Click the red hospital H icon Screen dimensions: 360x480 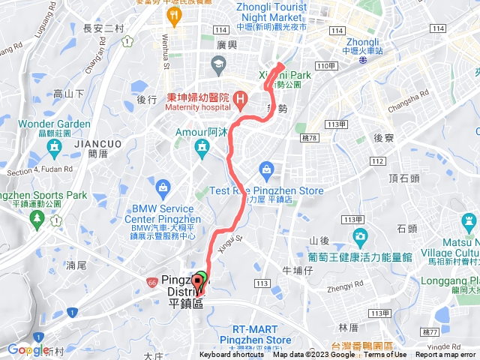point(240,98)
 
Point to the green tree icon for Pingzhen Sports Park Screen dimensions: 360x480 point(36,218)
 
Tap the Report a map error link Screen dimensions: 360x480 point(445,355)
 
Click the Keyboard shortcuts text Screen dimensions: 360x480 point(232,355)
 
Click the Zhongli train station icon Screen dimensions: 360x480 point(363,63)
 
